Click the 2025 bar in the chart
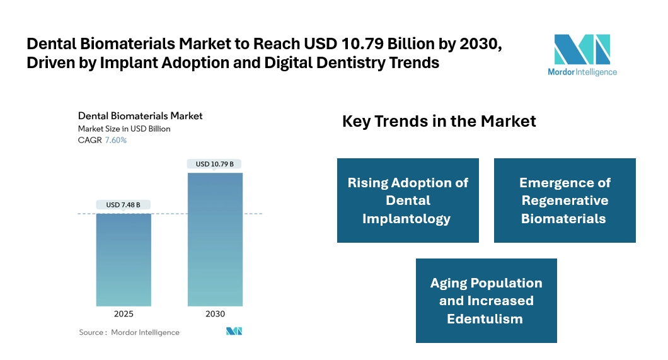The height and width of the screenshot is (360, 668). pos(124,260)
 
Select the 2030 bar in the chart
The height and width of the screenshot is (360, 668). pos(215,240)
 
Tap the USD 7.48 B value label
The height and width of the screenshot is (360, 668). pos(124,204)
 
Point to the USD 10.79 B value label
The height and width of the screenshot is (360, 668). pos(215,164)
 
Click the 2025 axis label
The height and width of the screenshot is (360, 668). pos(124,313)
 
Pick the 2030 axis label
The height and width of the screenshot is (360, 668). pos(215,313)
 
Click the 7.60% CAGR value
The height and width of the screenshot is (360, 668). pos(116,140)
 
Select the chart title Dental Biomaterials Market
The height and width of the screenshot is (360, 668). pos(140,116)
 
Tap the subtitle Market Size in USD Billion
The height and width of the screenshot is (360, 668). pos(124,129)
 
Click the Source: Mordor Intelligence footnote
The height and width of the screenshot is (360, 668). pos(129,332)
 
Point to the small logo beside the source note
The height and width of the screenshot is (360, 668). pos(234,332)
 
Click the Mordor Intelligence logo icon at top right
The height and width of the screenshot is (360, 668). pos(582,49)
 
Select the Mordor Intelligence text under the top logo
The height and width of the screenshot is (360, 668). pos(582,72)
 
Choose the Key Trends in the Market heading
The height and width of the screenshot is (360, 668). pos(439,121)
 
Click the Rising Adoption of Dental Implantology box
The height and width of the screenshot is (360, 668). pos(408,200)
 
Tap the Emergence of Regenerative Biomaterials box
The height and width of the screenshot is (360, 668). pos(565,200)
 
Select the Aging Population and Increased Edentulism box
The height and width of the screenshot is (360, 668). pos(486,301)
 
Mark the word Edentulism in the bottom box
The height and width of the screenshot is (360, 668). pos(485,318)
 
